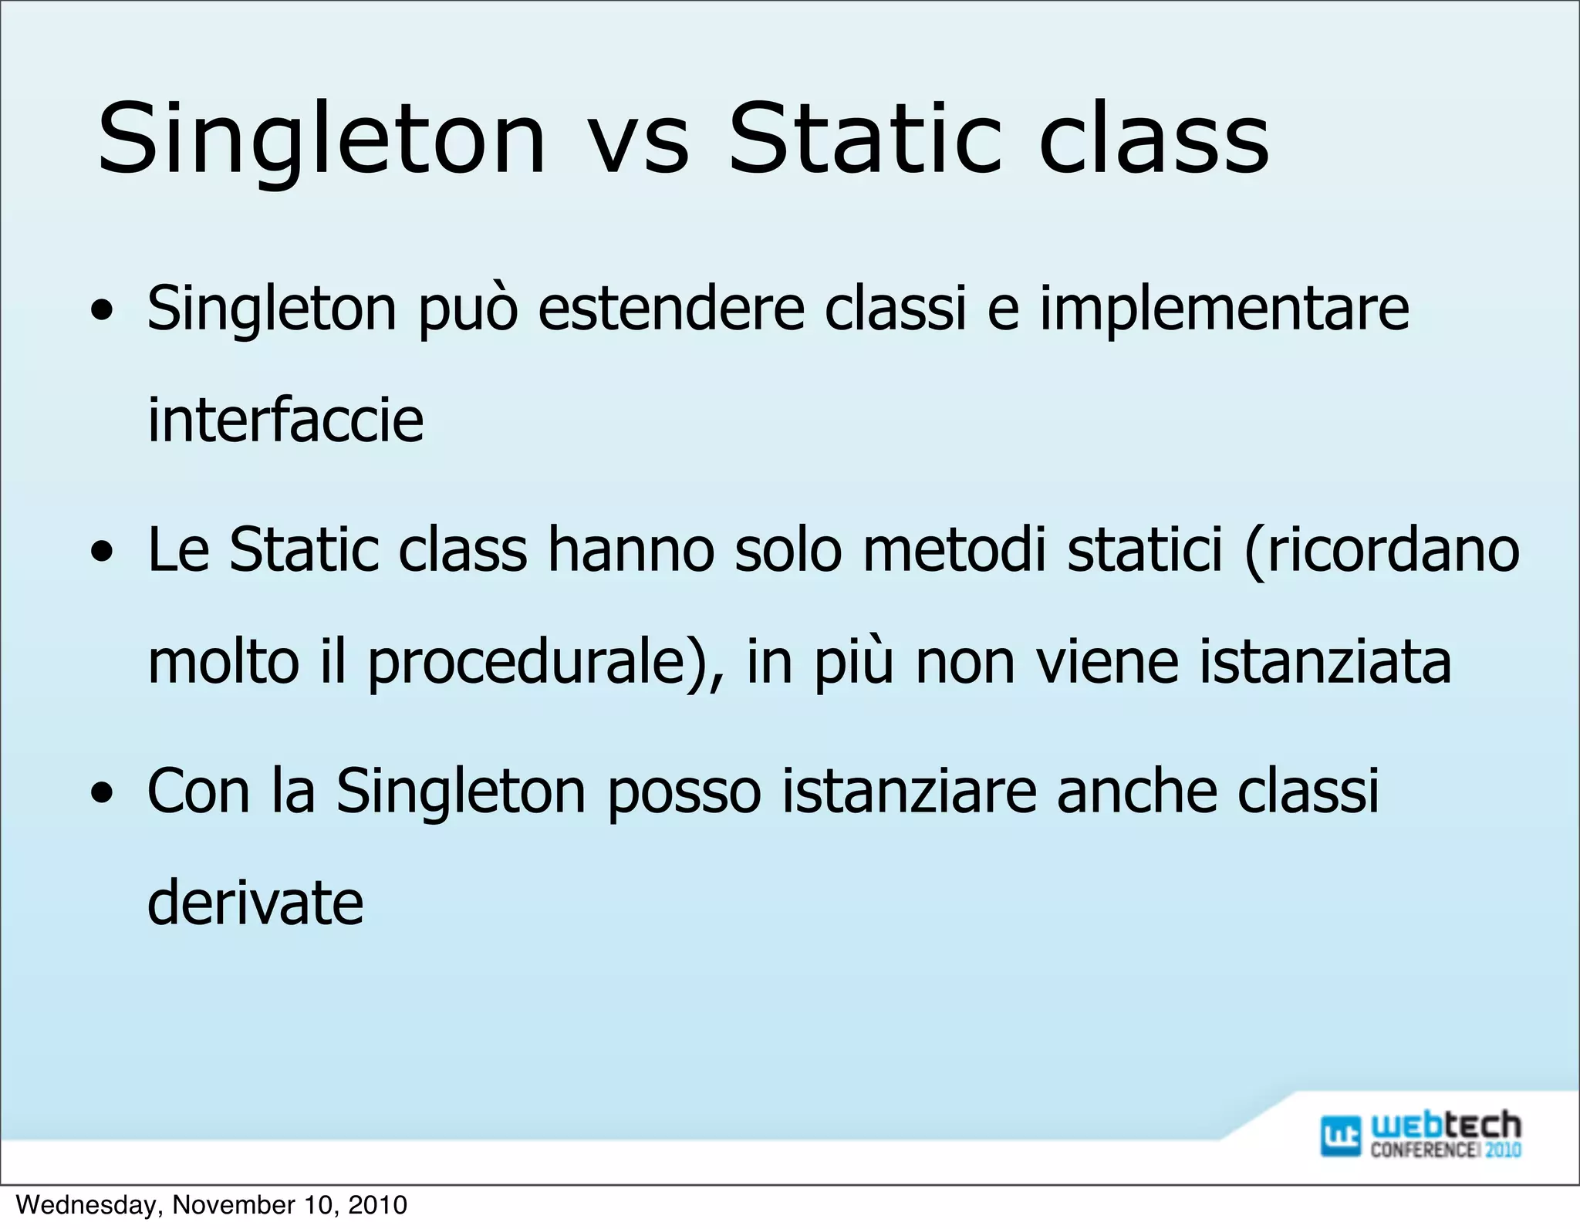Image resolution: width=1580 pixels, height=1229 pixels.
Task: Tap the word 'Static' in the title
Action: (865, 139)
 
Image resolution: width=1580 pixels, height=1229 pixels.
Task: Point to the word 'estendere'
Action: (671, 309)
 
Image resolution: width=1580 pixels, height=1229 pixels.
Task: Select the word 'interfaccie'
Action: (285, 420)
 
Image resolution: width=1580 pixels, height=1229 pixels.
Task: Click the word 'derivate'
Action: (255, 903)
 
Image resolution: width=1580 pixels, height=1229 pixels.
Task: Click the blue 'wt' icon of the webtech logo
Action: (1340, 1136)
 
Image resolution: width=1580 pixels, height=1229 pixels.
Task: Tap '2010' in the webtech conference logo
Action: (1502, 1150)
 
